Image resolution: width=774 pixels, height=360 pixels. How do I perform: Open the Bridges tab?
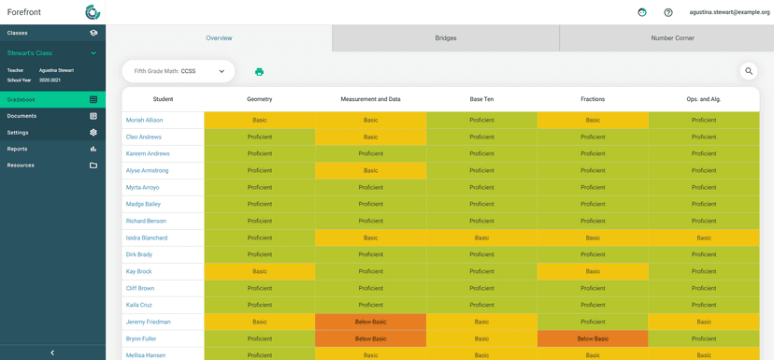(446, 38)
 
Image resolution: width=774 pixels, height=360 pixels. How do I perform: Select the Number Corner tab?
(672, 38)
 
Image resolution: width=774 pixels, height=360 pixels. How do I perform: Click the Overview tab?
(219, 38)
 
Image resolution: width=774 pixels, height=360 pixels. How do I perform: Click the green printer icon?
(259, 72)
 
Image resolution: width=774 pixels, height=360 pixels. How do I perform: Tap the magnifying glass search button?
(749, 71)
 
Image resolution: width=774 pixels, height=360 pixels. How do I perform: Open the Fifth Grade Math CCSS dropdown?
(179, 71)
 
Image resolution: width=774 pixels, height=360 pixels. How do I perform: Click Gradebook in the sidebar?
(52, 99)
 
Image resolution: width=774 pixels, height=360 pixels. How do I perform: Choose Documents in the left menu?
(52, 116)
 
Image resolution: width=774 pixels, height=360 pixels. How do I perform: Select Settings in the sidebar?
(52, 133)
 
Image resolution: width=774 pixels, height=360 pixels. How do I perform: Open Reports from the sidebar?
(52, 149)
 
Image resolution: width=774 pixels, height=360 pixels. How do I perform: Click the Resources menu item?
(52, 166)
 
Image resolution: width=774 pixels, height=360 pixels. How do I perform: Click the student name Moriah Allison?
(144, 121)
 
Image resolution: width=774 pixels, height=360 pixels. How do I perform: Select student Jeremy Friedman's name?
(148, 322)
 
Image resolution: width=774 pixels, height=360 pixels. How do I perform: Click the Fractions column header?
(592, 99)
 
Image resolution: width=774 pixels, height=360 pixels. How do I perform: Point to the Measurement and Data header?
(370, 99)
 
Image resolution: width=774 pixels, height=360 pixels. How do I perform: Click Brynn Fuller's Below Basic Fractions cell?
(592, 338)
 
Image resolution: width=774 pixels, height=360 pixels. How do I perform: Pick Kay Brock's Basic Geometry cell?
(259, 271)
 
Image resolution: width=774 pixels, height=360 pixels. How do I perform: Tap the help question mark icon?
(668, 12)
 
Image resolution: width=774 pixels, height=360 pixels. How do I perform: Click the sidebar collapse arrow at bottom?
(52, 353)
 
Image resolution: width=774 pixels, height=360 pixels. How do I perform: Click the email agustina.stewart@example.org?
(729, 12)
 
